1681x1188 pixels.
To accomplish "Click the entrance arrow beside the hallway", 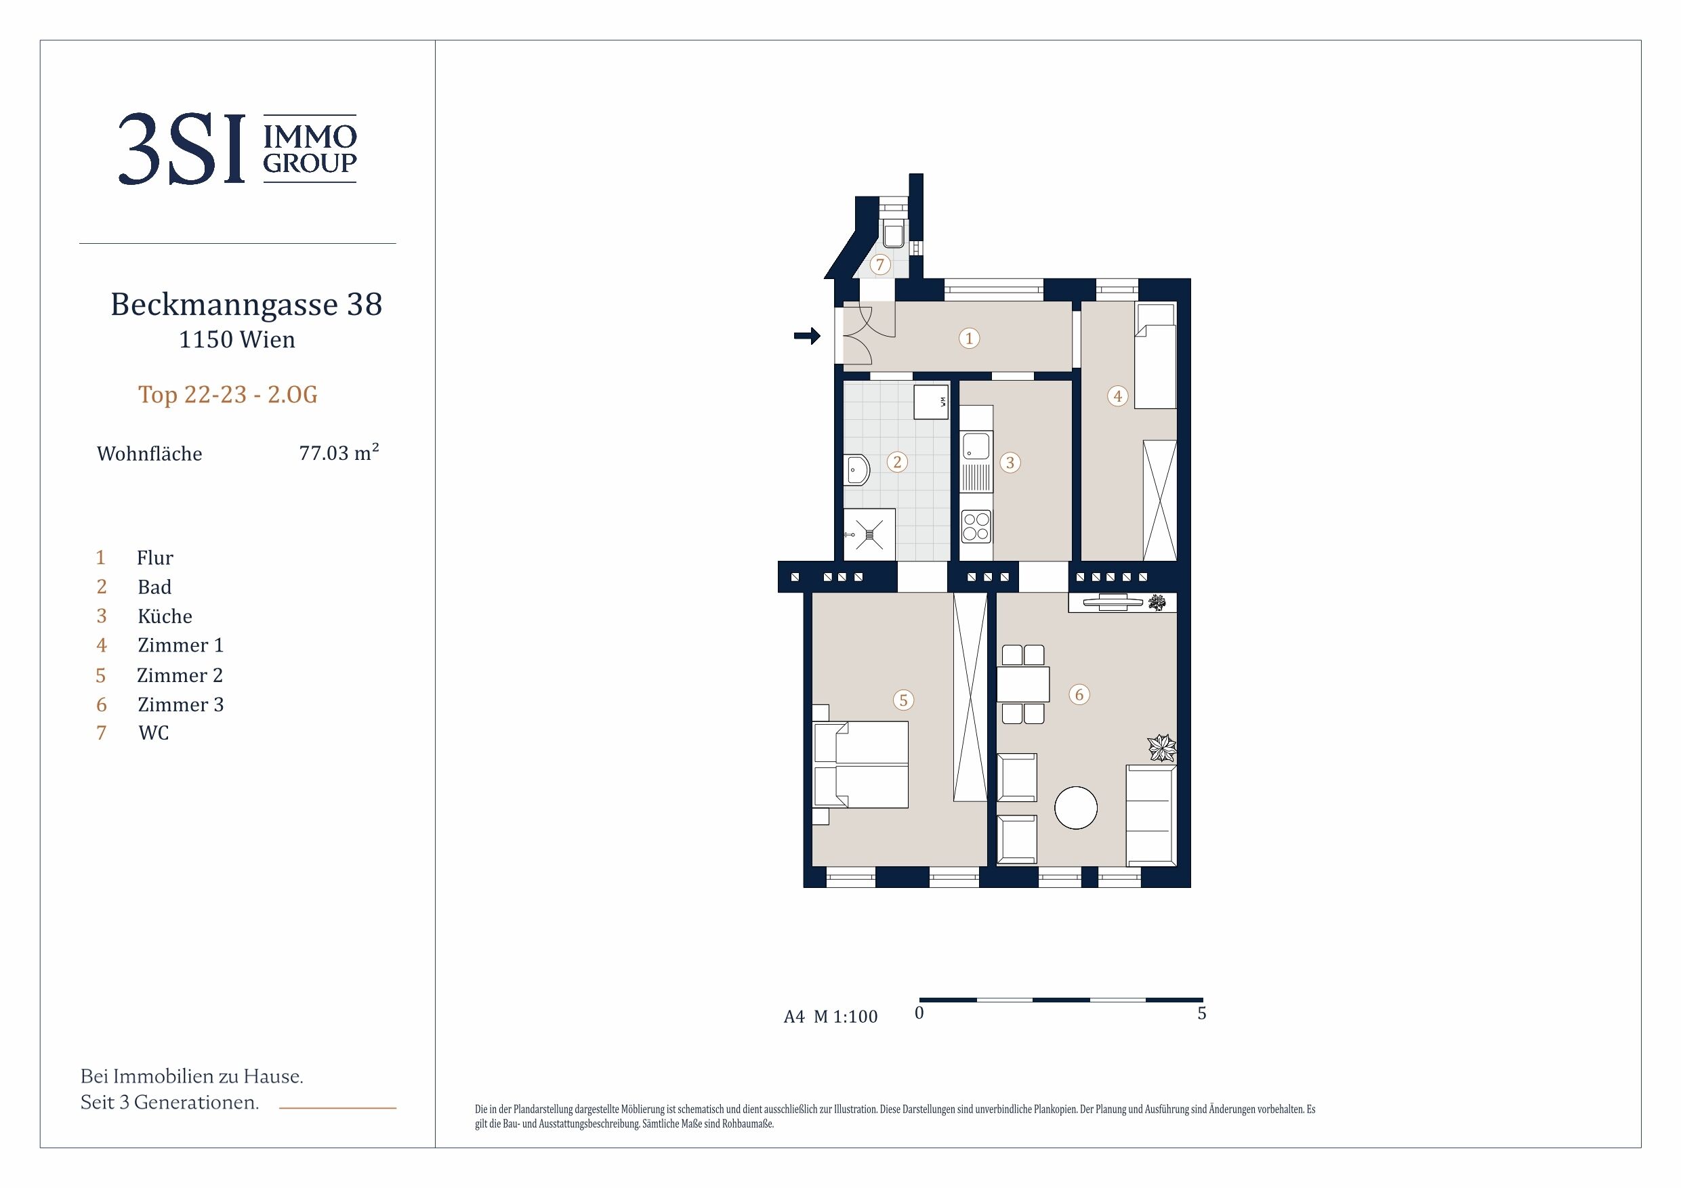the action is [808, 336].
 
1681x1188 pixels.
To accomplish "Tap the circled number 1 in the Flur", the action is [970, 338].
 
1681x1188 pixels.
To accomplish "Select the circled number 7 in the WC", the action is [880, 264].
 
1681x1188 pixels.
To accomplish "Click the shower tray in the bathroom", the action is [869, 534].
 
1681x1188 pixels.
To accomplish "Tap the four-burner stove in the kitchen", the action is [976, 526].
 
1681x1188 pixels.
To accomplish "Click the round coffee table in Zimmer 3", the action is [1075, 807].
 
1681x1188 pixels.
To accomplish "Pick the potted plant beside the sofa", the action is [1161, 748].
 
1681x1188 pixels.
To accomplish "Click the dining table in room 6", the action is [1023, 684].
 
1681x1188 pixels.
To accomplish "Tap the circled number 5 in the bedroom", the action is [903, 700].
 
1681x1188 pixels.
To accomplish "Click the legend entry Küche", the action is [165, 616].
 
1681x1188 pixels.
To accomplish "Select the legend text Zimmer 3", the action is [181, 704].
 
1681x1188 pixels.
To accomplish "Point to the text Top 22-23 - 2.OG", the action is [228, 395].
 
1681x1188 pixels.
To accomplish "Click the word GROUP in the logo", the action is [310, 163].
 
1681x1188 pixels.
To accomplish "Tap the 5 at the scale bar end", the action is [1201, 1013].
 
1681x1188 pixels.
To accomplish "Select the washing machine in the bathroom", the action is [931, 402].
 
